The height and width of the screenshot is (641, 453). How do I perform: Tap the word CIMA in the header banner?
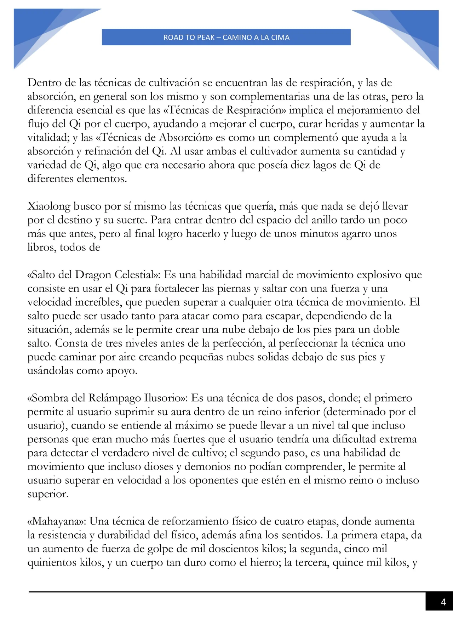tap(280, 38)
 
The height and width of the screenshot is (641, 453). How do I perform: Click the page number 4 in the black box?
tap(443, 602)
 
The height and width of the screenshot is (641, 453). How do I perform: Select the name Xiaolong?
tap(49, 206)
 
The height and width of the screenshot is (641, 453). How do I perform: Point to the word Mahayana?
tap(56, 521)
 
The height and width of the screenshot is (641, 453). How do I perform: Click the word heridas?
tap(342, 124)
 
